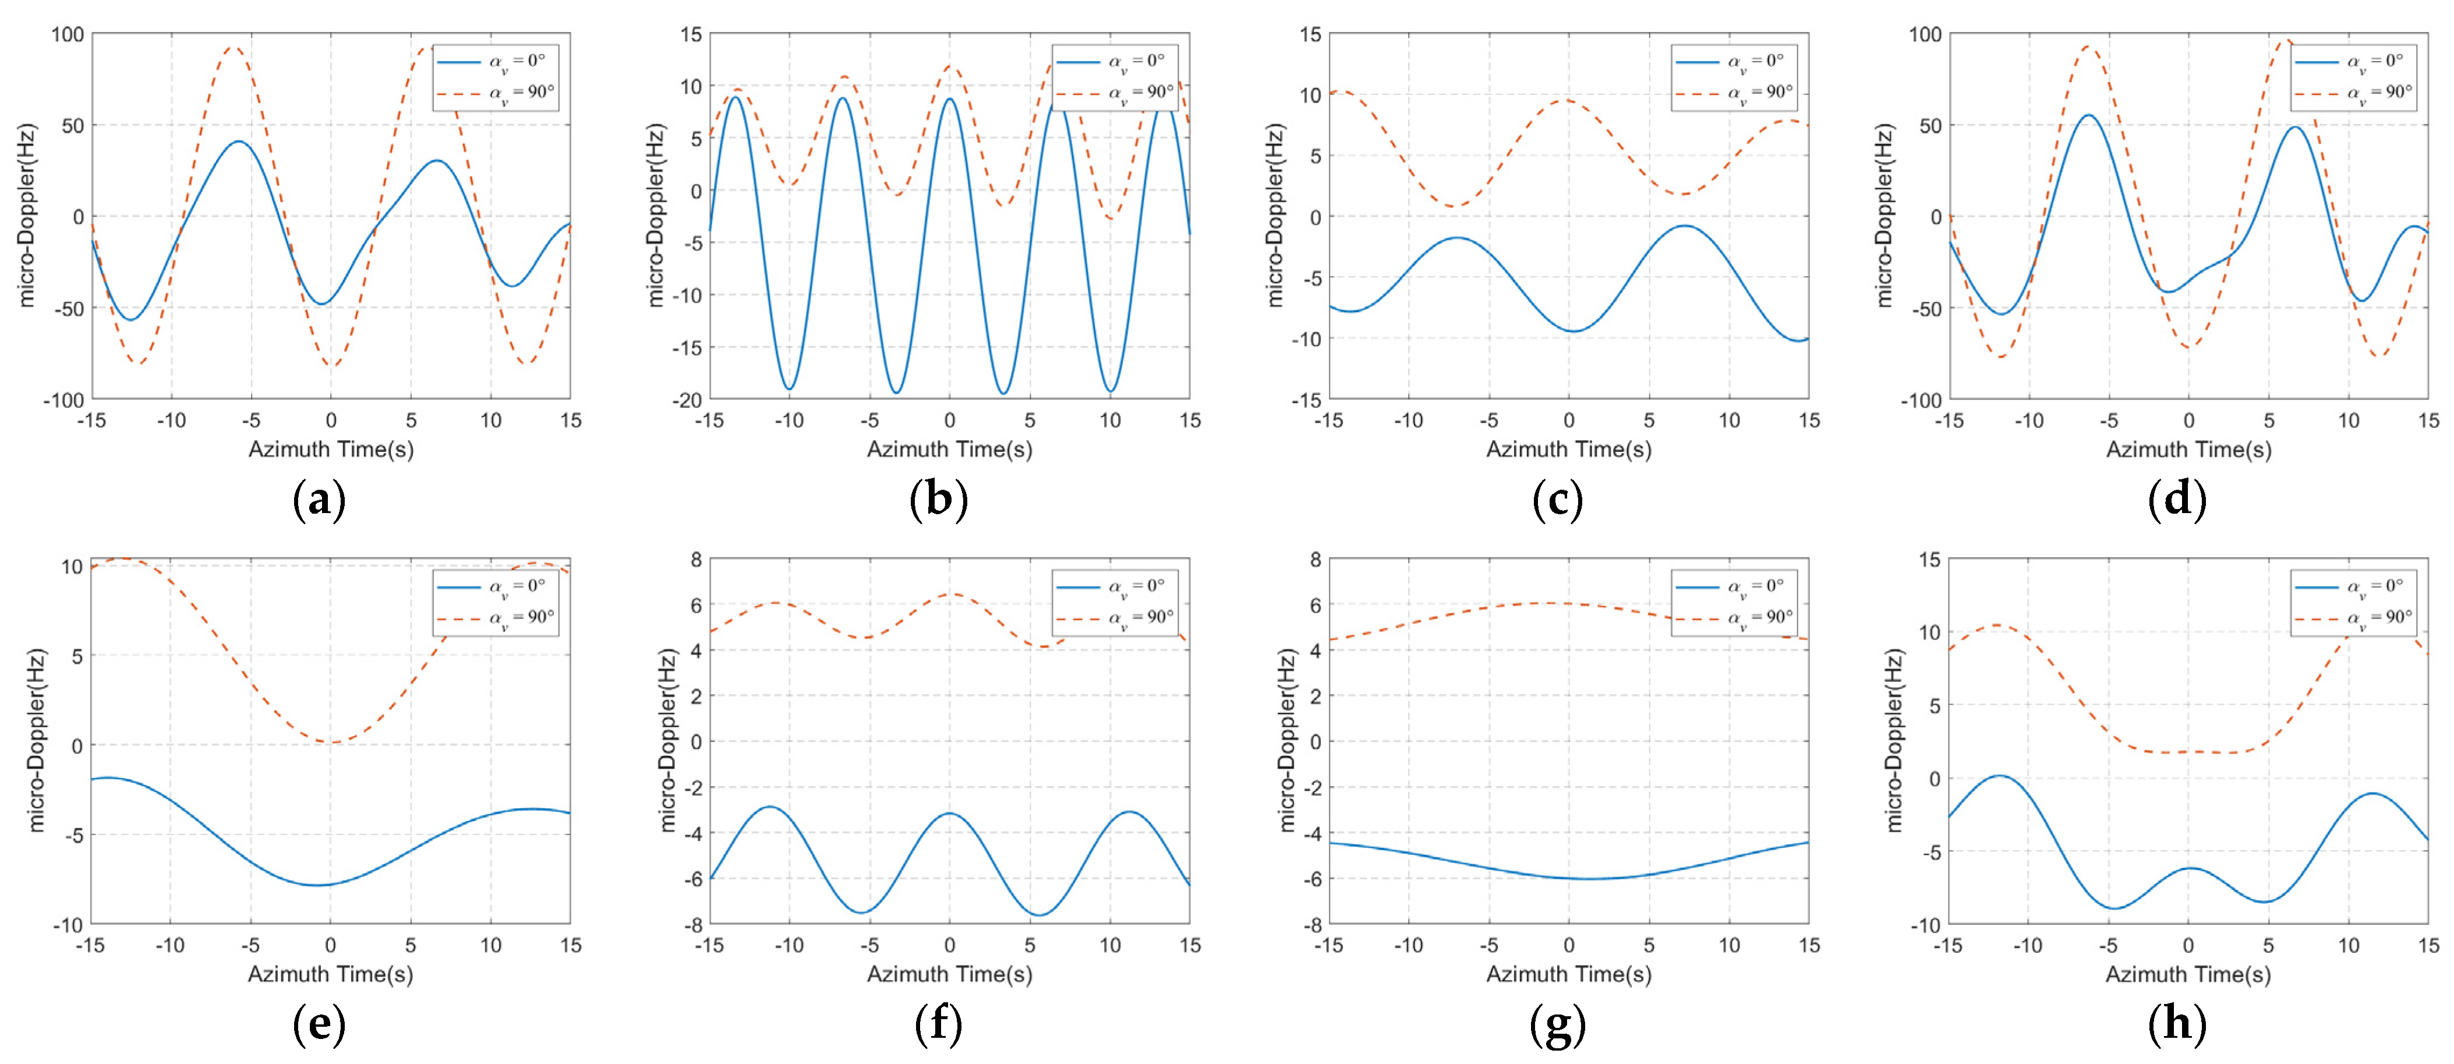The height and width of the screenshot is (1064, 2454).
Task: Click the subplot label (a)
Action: click(x=319, y=499)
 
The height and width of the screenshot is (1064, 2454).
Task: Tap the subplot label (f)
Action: click(x=938, y=1024)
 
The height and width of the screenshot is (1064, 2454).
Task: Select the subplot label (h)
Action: click(x=2178, y=1024)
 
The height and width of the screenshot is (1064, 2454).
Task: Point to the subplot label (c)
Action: click(x=1558, y=499)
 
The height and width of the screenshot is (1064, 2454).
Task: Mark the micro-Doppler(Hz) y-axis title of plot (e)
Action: click(x=36, y=741)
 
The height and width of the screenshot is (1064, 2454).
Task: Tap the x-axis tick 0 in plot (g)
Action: click(x=1568, y=946)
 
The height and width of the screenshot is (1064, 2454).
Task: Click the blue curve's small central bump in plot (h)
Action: click(x=2189, y=868)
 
